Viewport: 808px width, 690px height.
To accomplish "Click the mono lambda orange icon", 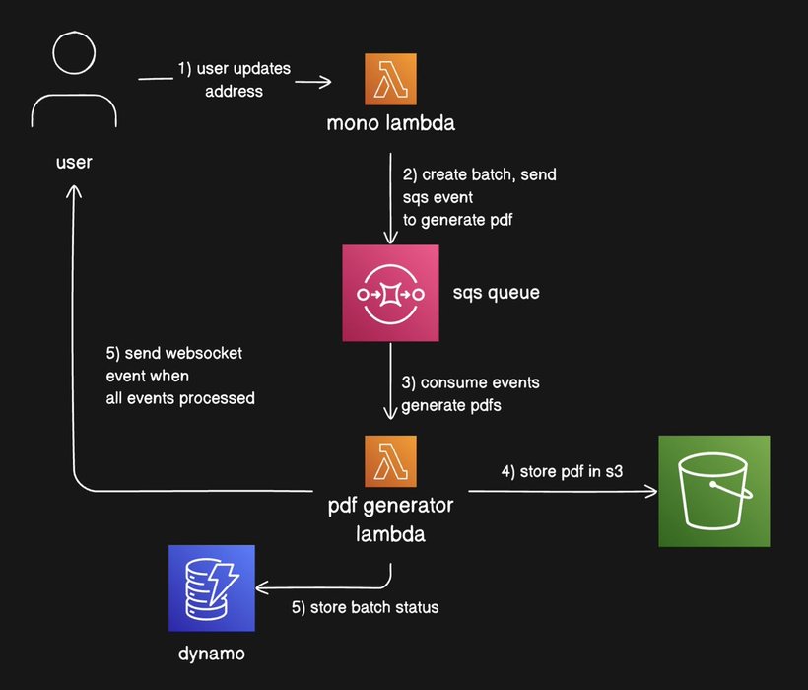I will click(x=390, y=79).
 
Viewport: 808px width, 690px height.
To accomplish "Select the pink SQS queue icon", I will click(x=390, y=294).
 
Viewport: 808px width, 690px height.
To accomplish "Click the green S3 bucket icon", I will click(x=714, y=491).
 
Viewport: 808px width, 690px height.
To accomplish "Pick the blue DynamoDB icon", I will click(x=212, y=587).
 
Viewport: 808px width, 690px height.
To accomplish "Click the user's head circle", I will click(x=76, y=56).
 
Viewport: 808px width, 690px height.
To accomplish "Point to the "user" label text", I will click(x=75, y=161).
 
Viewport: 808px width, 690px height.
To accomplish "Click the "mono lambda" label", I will click(x=391, y=125).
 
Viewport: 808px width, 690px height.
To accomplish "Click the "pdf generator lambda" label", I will click(x=390, y=520).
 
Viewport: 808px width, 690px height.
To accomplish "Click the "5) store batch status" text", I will click(x=365, y=607).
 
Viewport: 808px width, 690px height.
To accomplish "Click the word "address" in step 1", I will click(x=234, y=92).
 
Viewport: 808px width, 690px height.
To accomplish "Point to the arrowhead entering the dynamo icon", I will click(x=261, y=588).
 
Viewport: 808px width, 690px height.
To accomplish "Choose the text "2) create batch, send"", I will click(x=479, y=175).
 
